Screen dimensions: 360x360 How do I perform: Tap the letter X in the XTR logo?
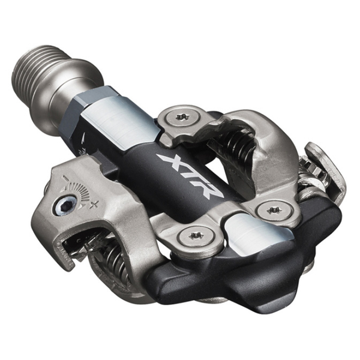point(170,161)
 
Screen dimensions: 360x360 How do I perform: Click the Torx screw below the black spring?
point(274,210)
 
